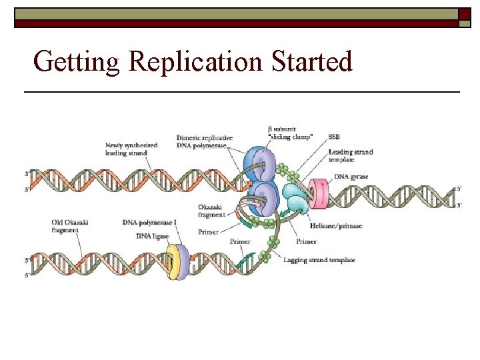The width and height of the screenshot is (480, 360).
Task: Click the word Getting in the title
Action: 76,62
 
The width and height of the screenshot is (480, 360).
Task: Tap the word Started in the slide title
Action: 312,62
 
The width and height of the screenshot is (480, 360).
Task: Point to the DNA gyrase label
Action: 351,177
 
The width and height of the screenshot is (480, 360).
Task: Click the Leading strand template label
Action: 350,156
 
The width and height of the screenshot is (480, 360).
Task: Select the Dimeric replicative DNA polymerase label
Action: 205,141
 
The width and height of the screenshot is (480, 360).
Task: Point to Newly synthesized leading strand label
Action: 127,149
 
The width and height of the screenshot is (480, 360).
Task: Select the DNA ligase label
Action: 153,236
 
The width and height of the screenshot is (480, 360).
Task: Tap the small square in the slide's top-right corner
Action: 465,14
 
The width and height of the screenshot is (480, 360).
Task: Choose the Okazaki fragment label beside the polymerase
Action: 213,211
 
